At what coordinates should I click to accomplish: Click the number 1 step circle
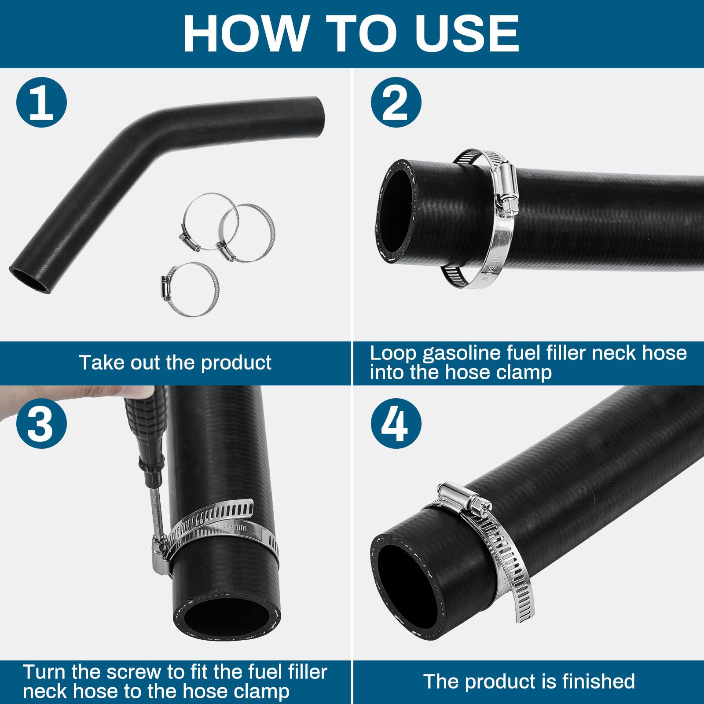[x=41, y=103]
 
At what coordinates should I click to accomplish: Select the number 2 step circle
[x=396, y=103]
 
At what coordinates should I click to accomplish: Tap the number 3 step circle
[x=41, y=423]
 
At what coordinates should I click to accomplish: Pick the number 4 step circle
[x=396, y=423]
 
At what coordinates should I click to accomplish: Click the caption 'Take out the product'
[x=175, y=363]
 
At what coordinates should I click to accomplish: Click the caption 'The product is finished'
[x=529, y=682]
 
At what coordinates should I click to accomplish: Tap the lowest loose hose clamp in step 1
[x=190, y=289]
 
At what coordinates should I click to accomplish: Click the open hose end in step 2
[x=396, y=211]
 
